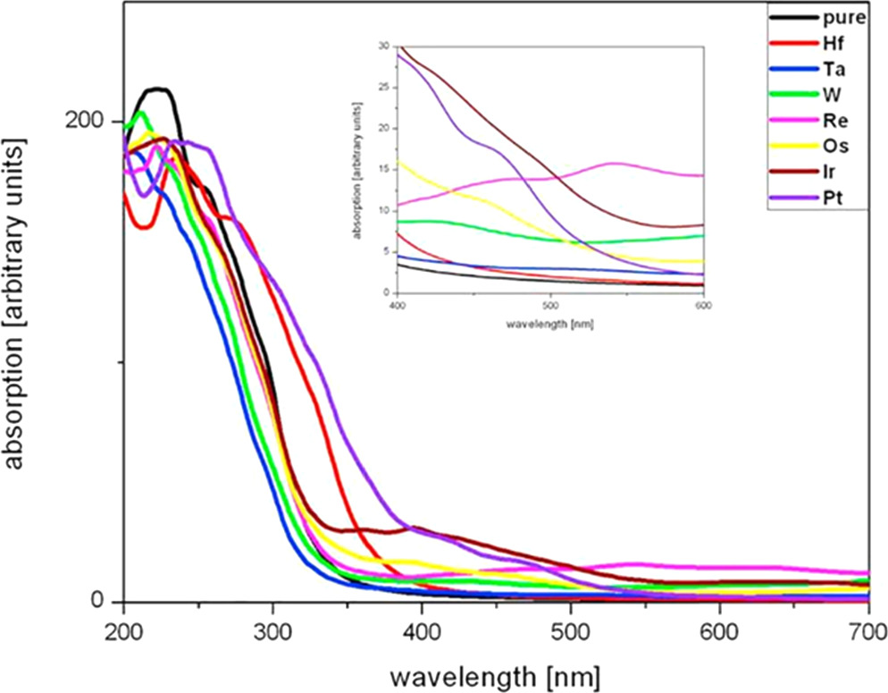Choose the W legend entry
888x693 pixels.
point(831,93)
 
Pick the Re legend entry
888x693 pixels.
point(834,119)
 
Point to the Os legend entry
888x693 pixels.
point(834,145)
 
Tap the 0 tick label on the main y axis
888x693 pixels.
point(104,601)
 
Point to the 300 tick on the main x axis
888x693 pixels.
point(272,630)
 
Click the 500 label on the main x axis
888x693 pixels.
point(571,630)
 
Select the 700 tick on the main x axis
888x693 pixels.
point(867,630)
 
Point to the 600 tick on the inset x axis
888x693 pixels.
point(704,305)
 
